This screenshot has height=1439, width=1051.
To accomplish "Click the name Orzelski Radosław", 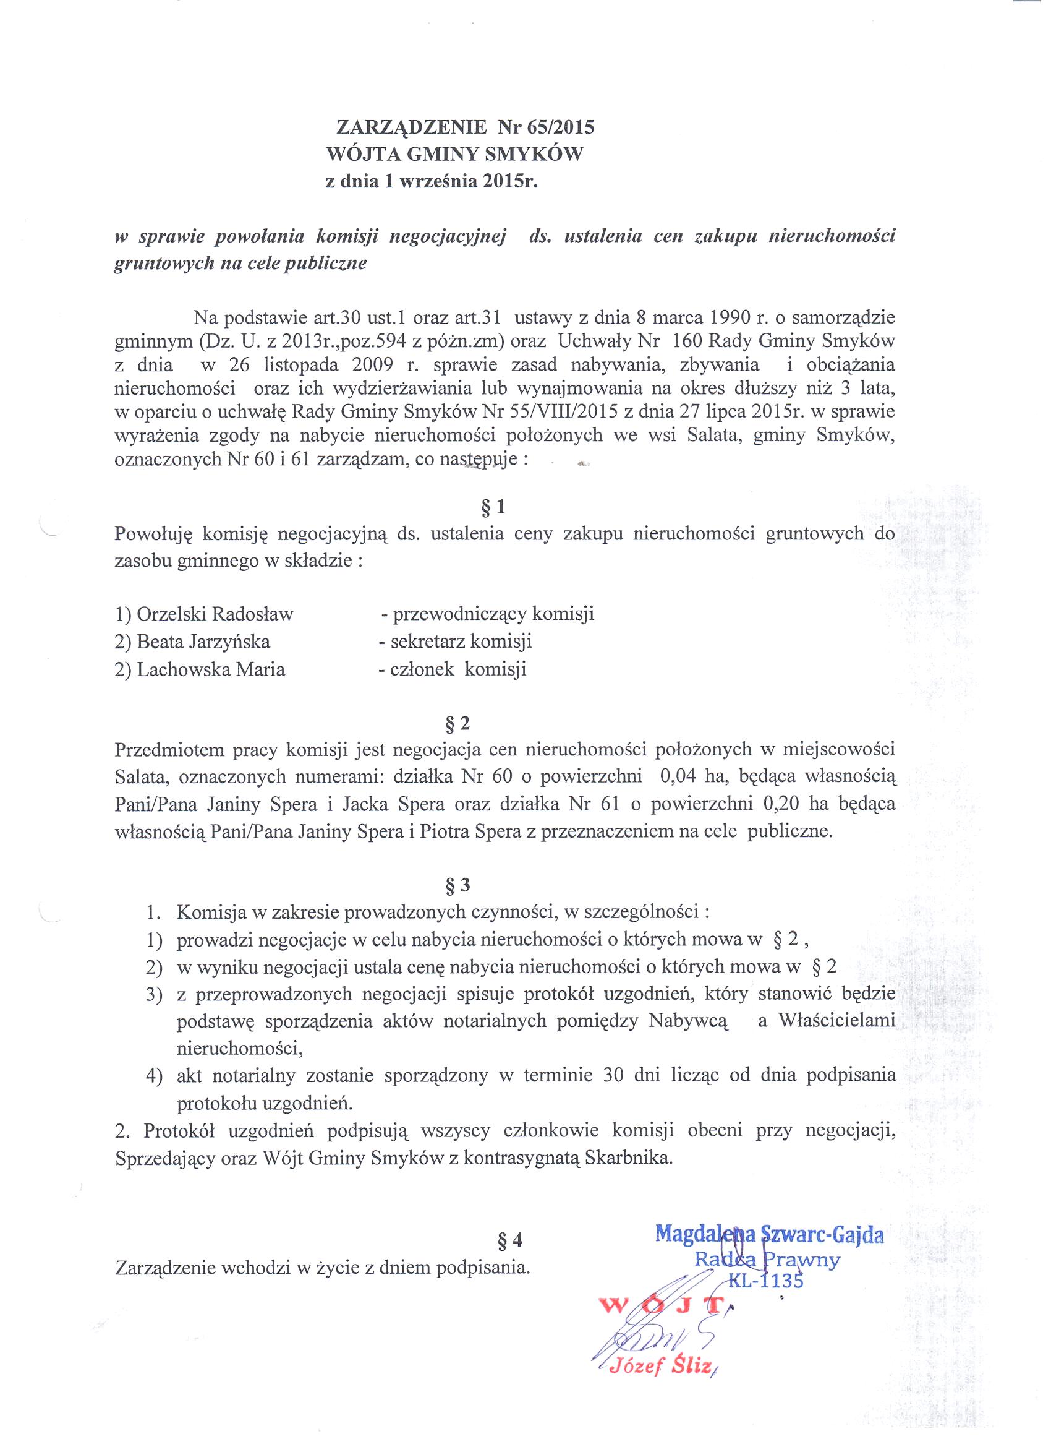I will pos(215,614).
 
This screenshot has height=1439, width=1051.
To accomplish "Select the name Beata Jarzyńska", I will pos(203,642).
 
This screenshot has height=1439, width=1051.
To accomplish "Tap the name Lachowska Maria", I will pos(211,669).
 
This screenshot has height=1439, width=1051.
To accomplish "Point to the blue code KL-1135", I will pos(765,1279).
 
